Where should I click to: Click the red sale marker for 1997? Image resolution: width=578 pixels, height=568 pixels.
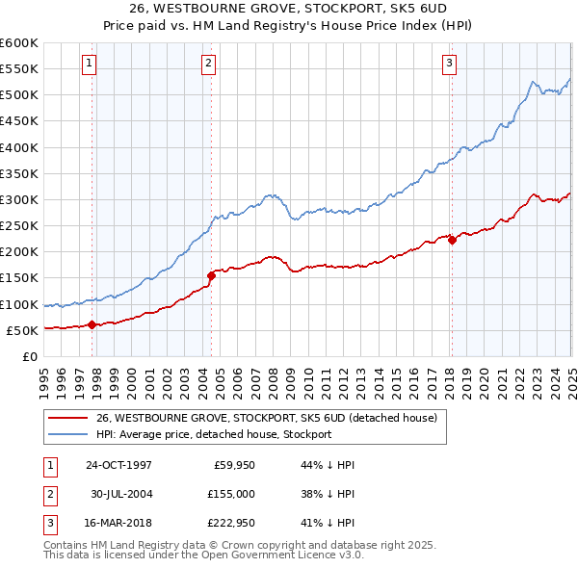[x=92, y=324]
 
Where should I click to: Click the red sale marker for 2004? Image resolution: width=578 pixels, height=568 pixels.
[x=211, y=275]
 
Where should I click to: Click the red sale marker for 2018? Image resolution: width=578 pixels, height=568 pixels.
[x=451, y=241]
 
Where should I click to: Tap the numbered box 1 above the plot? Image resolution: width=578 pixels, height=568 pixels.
[x=89, y=65]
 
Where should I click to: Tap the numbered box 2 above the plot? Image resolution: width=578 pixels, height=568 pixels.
[x=208, y=65]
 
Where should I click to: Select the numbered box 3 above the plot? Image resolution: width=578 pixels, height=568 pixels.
[x=449, y=65]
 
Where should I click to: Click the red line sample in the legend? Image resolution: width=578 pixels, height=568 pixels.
[x=67, y=418]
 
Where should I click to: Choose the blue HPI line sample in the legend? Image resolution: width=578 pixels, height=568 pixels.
[x=67, y=434]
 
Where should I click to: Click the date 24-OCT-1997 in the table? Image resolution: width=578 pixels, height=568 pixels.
[x=118, y=465]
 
